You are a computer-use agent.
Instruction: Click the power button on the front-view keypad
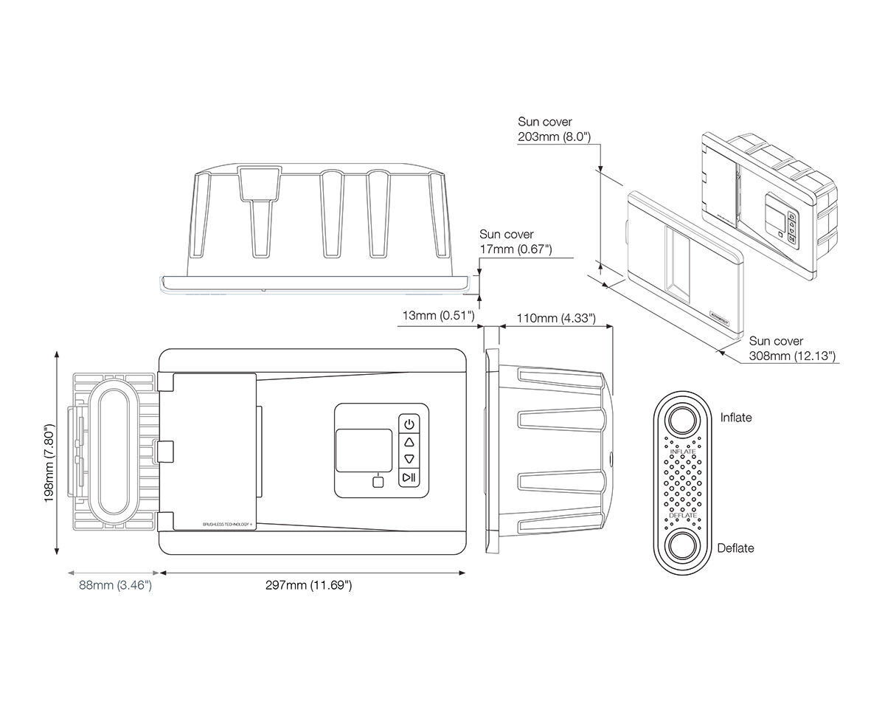409,423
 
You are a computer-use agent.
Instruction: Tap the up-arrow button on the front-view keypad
409,441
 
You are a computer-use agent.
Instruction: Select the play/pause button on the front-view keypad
409,478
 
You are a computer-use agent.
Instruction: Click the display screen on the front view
364,451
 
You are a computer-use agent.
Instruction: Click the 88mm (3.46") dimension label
115,586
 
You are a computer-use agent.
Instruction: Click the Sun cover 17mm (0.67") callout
516,242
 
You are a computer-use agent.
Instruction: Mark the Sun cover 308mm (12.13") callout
792,349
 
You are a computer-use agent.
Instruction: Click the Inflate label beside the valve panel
736,418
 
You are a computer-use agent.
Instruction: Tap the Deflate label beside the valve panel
736,548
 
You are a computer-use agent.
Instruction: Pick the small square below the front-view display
378,483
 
